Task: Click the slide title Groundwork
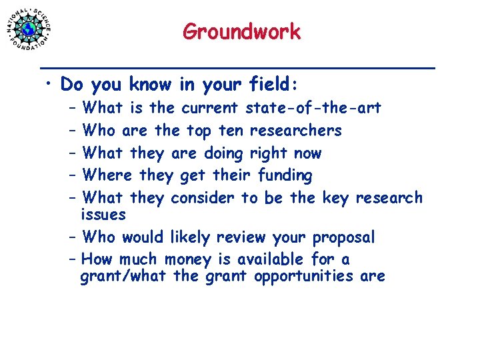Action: [241, 31]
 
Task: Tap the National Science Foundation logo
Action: [29, 28]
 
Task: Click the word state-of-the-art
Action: [313, 107]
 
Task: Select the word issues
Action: [103, 215]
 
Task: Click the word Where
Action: [108, 175]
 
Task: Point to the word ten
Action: [230, 130]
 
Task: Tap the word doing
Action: [223, 153]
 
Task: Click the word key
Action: [335, 198]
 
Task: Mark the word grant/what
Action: [124, 276]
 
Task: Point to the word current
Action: [209, 107]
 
